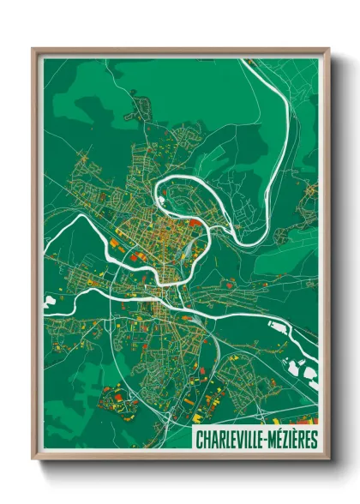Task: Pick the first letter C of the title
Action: click(199, 440)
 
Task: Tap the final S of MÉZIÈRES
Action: click(314, 440)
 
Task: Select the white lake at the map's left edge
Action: click(48, 303)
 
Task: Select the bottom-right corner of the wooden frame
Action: click(327, 459)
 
